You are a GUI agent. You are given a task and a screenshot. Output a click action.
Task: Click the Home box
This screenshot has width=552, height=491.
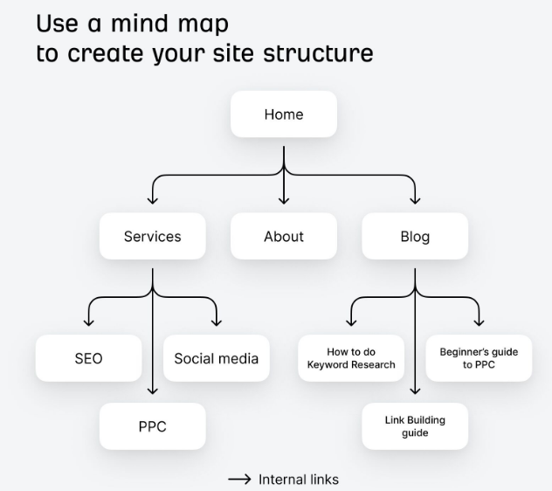pos(283,114)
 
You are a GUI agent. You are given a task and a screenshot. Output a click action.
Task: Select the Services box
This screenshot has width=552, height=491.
pos(152,236)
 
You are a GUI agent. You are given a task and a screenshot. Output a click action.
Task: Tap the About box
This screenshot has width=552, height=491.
pos(283,236)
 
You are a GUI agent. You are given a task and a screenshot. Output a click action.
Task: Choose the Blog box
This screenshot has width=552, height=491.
pos(414,236)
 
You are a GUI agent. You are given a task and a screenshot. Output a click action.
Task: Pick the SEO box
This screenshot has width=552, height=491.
pos(87,358)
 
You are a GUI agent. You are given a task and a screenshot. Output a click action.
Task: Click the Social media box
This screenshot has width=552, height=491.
pos(216,358)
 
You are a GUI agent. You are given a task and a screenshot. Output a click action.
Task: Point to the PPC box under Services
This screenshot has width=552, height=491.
pos(152,426)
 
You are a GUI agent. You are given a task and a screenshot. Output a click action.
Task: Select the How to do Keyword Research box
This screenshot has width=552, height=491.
pos(351,358)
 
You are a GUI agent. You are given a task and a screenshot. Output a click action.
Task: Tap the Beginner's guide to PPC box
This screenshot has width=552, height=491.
pos(479,358)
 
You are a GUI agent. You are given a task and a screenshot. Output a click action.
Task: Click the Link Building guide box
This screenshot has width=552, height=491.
pos(415,426)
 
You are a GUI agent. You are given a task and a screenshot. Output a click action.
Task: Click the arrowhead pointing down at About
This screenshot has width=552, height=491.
pos(283,201)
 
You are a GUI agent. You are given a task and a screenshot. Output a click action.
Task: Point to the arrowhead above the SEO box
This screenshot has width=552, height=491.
pos(88,323)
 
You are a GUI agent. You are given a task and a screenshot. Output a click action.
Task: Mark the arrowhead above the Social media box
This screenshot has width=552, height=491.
pos(217,323)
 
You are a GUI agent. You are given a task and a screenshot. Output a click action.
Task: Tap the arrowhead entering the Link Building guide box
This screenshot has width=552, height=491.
pos(415,392)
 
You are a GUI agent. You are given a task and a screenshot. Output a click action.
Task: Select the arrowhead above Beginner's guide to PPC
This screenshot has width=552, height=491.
pos(480,323)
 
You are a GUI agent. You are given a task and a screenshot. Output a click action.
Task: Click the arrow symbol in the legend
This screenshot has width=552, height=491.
pos(239,480)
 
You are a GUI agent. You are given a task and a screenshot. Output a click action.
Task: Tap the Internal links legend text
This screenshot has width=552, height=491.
pos(298,480)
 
